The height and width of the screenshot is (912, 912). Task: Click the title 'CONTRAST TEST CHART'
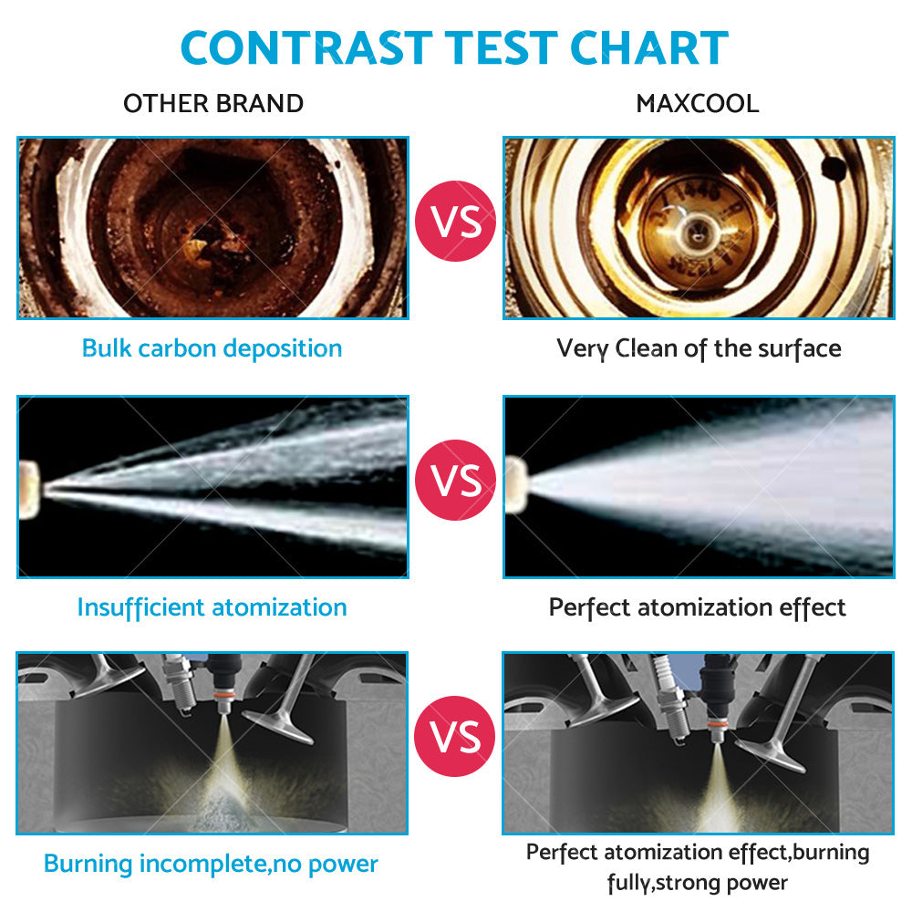click(x=455, y=47)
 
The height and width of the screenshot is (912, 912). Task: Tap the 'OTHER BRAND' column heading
click(x=213, y=103)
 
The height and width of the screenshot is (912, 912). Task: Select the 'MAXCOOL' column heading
click(x=698, y=103)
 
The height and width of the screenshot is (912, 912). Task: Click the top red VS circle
click(x=455, y=223)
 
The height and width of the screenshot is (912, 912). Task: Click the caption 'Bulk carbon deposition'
click(x=212, y=347)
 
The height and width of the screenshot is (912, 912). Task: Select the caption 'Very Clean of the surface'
click(x=699, y=347)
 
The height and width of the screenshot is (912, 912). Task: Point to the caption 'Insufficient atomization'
click(x=212, y=606)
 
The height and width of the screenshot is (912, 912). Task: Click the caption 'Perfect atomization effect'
click(x=698, y=606)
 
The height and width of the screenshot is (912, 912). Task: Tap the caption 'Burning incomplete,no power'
click(x=211, y=863)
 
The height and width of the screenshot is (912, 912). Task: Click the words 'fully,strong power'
click(x=698, y=882)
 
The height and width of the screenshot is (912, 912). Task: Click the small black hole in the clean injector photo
click(x=833, y=168)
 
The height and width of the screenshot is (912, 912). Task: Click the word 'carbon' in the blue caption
click(x=179, y=347)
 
